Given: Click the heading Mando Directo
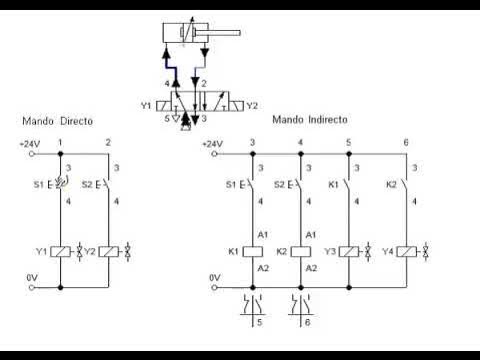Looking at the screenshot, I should point(57,120).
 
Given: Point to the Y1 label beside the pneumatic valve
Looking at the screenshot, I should point(146,104).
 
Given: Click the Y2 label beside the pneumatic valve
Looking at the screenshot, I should point(252,104).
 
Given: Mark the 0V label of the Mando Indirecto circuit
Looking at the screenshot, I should point(214,277).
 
